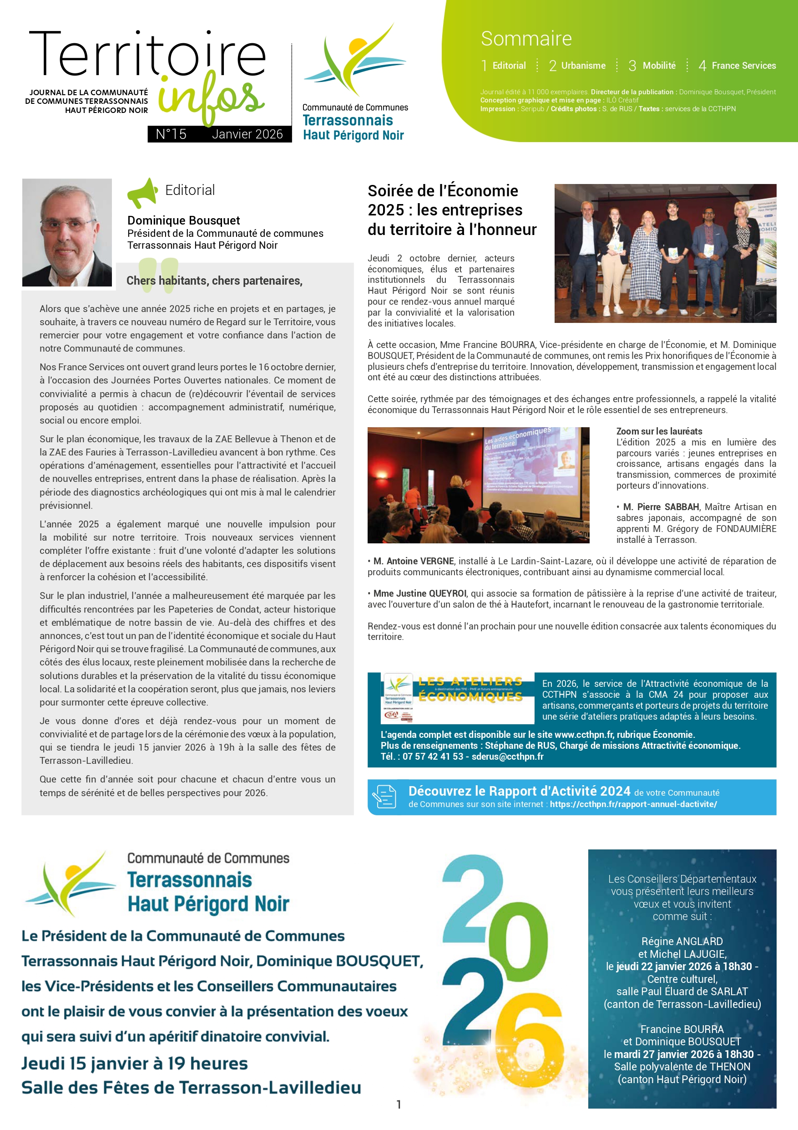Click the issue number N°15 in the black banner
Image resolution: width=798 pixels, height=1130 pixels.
pyautogui.click(x=171, y=134)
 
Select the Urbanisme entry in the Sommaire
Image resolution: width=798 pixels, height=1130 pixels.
pyautogui.click(x=577, y=66)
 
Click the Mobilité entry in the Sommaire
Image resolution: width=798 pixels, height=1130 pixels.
pyautogui.click(x=652, y=66)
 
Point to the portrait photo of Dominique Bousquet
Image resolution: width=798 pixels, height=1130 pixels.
pyautogui.click(x=67, y=232)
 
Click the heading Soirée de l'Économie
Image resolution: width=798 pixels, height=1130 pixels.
pyautogui.click(x=443, y=191)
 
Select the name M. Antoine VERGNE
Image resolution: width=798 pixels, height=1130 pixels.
pyautogui.click(x=413, y=561)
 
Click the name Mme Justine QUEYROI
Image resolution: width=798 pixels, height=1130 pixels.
pyautogui.click(x=419, y=593)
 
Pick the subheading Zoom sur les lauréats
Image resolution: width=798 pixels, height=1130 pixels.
pyautogui.click(x=659, y=431)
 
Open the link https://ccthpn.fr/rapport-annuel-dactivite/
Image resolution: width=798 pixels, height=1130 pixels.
pyautogui.click(x=633, y=804)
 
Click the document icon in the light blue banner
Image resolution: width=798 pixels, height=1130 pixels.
pyautogui.click(x=384, y=796)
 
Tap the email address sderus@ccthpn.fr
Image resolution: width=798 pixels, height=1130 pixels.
pyautogui.click(x=507, y=757)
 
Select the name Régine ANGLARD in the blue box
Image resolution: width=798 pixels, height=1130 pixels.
pyautogui.click(x=682, y=941)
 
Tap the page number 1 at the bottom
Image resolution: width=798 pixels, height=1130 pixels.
pyautogui.click(x=399, y=1104)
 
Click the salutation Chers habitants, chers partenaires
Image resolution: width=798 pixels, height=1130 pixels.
pyautogui.click(x=214, y=281)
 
